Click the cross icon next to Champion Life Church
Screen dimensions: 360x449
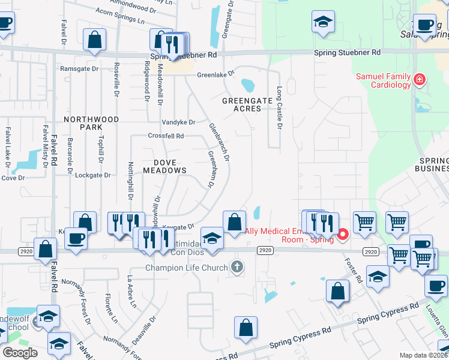click(237, 267)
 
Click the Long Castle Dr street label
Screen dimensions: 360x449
click(279, 107)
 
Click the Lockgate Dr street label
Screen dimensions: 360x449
click(93, 175)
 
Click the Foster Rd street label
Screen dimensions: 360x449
click(354, 268)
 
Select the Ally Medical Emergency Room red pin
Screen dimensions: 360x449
click(343, 233)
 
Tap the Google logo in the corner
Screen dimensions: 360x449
click(20, 353)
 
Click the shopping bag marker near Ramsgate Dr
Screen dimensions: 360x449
click(95, 40)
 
